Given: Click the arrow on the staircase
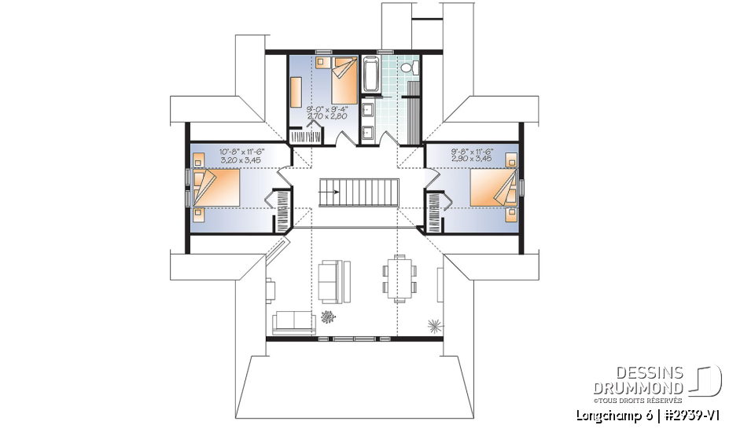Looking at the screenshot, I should [330, 191].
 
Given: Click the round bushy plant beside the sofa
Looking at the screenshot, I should [327, 317].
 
